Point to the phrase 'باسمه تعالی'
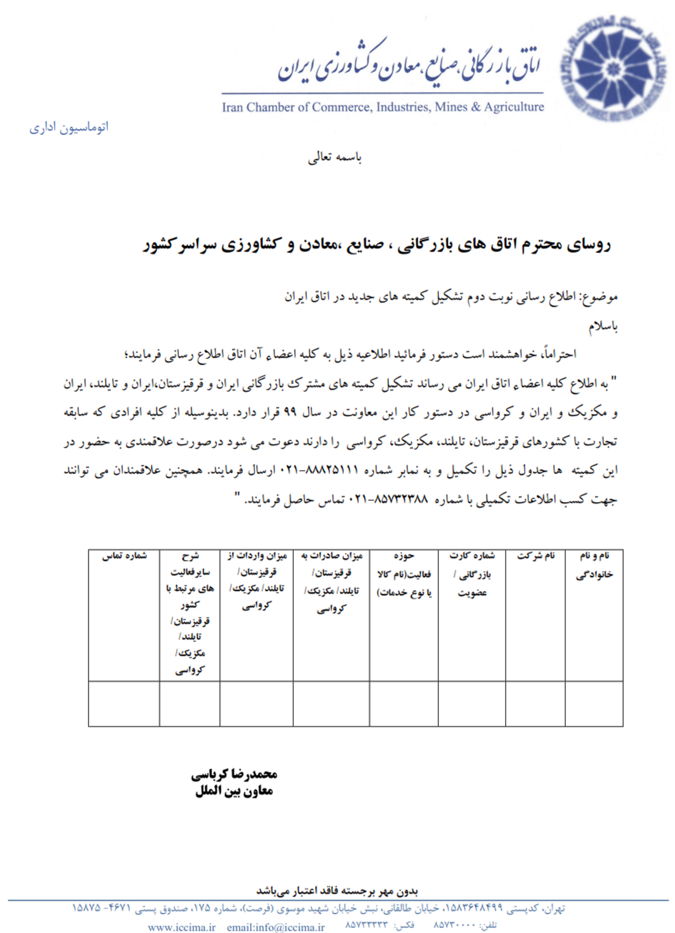click(x=335, y=158)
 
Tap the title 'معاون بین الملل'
click(x=234, y=791)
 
